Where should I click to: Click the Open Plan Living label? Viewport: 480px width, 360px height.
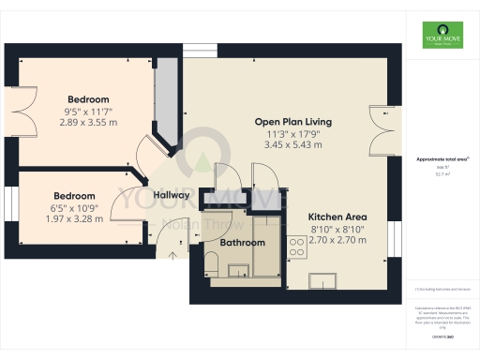point(293,122)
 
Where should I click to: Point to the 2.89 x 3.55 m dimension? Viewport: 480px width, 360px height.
point(88,123)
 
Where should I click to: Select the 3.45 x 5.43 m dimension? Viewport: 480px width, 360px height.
point(293,145)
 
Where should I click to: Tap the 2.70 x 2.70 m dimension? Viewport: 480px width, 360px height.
point(325,240)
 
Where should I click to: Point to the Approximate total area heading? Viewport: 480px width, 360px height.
point(437,159)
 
